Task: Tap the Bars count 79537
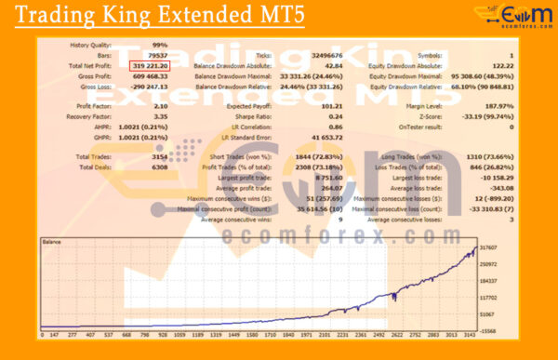[157, 56]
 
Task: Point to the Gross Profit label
[98, 76]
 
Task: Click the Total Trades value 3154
[160, 157]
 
